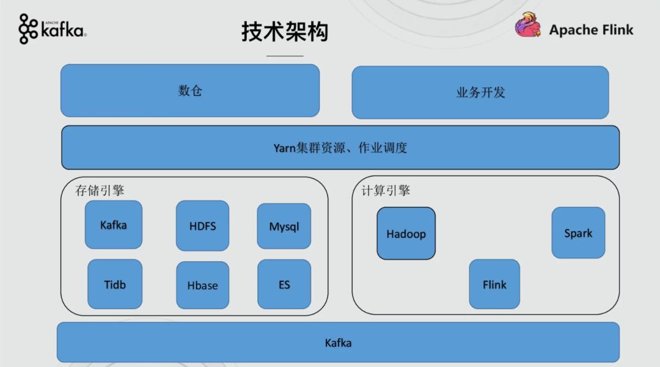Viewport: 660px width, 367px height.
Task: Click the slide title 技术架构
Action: [x=285, y=32]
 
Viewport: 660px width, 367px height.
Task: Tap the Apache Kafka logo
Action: [x=53, y=29]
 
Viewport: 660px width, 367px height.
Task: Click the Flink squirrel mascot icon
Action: [x=528, y=27]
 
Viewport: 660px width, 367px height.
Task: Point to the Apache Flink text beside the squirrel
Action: [x=591, y=30]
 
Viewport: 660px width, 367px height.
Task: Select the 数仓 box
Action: [x=190, y=90]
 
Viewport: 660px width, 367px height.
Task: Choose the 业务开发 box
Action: [x=480, y=93]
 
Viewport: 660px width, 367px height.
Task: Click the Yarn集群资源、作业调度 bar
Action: [x=340, y=148]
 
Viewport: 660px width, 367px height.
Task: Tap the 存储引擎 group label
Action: [x=100, y=191]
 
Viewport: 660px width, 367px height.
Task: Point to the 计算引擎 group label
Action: [x=386, y=191]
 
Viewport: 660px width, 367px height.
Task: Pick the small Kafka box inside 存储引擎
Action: [x=114, y=225]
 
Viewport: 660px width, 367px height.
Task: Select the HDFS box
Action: [x=202, y=226]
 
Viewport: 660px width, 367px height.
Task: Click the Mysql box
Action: [x=284, y=227]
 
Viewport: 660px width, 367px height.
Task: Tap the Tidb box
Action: [x=115, y=284]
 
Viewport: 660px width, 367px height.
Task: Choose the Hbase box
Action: [x=202, y=285]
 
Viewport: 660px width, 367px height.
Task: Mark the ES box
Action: [x=284, y=285]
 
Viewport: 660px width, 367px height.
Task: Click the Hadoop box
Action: [x=406, y=233]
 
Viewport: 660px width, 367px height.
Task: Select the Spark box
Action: [x=578, y=233]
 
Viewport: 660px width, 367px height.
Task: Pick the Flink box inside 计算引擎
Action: [x=494, y=284]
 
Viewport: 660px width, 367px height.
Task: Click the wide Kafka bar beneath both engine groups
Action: [x=338, y=343]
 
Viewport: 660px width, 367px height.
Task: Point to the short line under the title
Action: [x=285, y=56]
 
